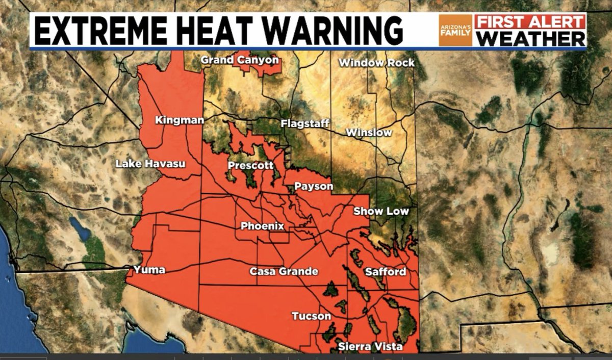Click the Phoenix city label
click(x=262, y=226)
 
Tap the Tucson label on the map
click(x=311, y=317)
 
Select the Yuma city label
click(x=149, y=270)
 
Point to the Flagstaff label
click(x=305, y=123)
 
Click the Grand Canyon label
click(x=240, y=60)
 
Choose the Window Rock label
click(x=376, y=63)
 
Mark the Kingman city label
click(x=180, y=121)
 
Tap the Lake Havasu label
click(x=150, y=164)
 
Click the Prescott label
click(x=250, y=166)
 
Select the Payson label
click(x=314, y=187)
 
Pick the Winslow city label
click(x=369, y=133)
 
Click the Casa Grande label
click(x=284, y=272)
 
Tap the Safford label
click(x=386, y=272)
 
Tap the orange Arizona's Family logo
click(x=455, y=31)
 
